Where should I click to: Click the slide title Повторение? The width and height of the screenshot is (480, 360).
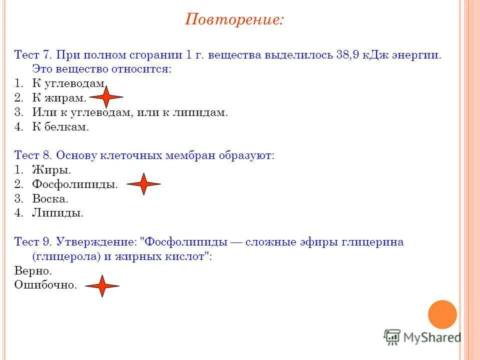(234, 19)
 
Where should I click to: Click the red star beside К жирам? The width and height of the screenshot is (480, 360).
(105, 97)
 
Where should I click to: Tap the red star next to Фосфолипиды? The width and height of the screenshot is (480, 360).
(143, 184)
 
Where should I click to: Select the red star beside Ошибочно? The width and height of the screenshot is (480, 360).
(102, 286)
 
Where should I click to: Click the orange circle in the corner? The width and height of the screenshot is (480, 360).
(442, 314)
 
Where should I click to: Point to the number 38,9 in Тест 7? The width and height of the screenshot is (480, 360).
(349, 54)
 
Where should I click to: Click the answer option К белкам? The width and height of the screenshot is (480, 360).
(60, 127)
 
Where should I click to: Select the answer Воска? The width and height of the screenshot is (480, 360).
(50, 199)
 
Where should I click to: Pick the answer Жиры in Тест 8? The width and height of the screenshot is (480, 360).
(48, 170)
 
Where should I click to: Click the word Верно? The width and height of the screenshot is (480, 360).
(33, 271)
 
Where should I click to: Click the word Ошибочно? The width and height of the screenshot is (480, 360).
(45, 285)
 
